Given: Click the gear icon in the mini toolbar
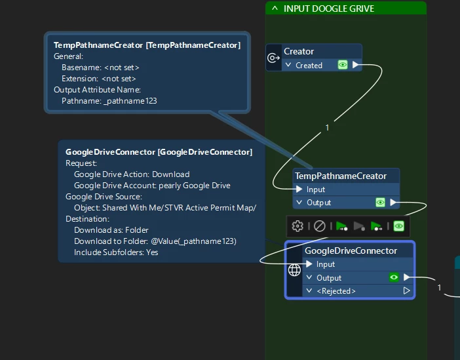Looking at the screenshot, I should [x=297, y=226].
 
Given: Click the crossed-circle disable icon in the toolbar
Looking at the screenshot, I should [x=319, y=226].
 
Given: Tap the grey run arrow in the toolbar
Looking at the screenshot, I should [x=359, y=226].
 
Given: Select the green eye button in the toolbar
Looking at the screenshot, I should [x=398, y=226].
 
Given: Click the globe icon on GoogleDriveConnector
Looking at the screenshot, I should [x=294, y=270].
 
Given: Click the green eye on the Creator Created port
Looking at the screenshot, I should [x=342, y=65].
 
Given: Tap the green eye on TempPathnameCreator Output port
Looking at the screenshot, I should [x=379, y=203].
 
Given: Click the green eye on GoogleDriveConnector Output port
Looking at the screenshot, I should [x=393, y=277].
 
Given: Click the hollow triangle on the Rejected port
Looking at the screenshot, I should [x=406, y=290].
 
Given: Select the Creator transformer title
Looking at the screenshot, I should [x=299, y=51].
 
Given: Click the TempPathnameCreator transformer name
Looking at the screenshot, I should [x=341, y=176].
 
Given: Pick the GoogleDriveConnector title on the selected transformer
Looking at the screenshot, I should [x=351, y=250].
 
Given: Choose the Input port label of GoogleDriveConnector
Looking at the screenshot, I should [x=325, y=264].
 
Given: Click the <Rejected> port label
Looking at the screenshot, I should [x=336, y=290].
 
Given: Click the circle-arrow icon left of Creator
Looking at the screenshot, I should [x=274, y=58].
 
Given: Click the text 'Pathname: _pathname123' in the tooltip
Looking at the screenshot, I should [x=109, y=101].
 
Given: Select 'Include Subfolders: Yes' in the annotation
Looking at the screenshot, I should [x=116, y=252].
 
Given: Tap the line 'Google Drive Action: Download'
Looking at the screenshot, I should [x=131, y=174].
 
